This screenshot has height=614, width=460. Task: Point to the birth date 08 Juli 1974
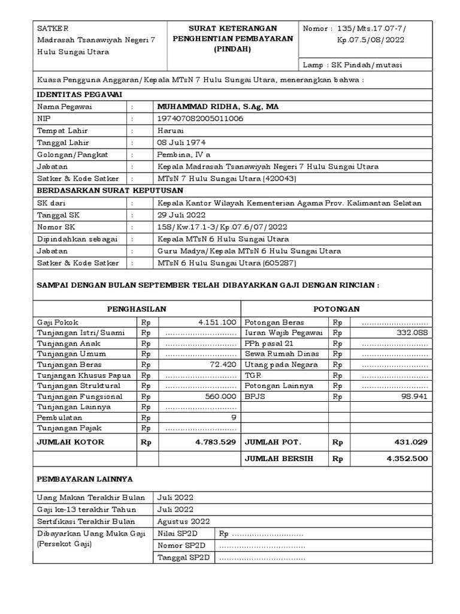pyautogui.click(x=180, y=142)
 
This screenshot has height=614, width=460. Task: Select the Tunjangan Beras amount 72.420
pyautogui.click(x=224, y=364)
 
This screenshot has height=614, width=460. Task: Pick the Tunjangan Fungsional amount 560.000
pyautogui.click(x=221, y=396)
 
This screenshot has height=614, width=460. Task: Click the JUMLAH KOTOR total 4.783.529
pyautogui.click(x=216, y=442)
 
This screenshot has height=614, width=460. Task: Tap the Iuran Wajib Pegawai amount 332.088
pyautogui.click(x=413, y=332)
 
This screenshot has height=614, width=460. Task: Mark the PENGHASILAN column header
pyautogui.click(x=137, y=309)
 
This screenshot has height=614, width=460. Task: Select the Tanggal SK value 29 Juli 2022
pyautogui.click(x=181, y=215)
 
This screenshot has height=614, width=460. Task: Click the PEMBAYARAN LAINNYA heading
pyautogui.click(x=85, y=479)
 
